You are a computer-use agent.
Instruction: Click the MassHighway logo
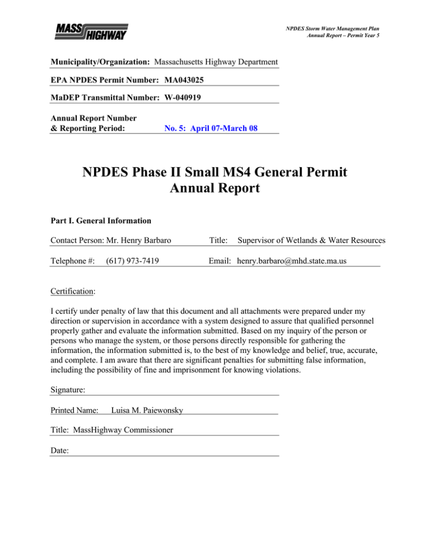click(92, 32)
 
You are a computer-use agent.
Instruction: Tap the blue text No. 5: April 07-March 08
click(213, 128)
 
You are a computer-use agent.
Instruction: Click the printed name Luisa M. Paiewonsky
click(147, 410)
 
